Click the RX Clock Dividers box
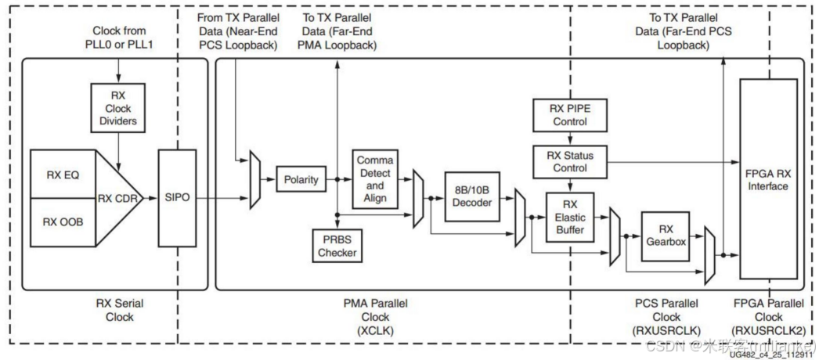117,110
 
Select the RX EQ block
61,174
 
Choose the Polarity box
301,180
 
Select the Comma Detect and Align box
375,180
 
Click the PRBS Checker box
336,246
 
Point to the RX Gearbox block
666,235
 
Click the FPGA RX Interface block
768,179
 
